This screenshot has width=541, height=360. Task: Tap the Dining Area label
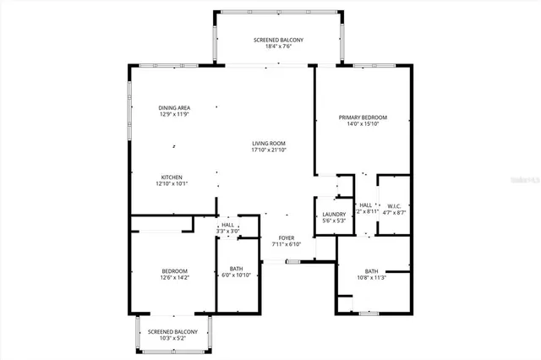(x=173, y=107)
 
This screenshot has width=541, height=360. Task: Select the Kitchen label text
(x=172, y=177)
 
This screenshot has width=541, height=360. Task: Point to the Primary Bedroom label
(x=363, y=117)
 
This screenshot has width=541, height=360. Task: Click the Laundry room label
(x=334, y=215)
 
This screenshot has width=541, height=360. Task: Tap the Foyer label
(x=287, y=237)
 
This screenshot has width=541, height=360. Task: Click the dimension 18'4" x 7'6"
(x=279, y=48)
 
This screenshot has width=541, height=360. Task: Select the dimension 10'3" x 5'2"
(x=172, y=338)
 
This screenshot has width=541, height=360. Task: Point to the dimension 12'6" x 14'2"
(x=175, y=277)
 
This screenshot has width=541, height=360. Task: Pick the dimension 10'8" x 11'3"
(x=371, y=277)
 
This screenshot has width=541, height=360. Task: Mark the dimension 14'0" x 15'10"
(x=363, y=124)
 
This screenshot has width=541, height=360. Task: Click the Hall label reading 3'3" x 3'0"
(x=228, y=230)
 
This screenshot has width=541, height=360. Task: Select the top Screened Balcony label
(x=279, y=41)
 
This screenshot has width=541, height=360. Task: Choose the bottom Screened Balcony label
(x=172, y=330)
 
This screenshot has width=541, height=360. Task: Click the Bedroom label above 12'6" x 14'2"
(x=175, y=270)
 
